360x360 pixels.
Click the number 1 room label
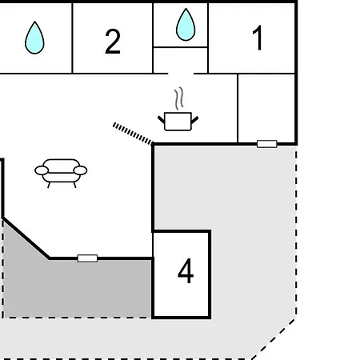pyautogui.click(x=258, y=38)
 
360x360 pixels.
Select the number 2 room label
pyautogui.click(x=113, y=42)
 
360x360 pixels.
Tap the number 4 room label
pyautogui.click(x=186, y=270)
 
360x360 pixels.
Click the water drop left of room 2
pyautogui.click(x=34, y=38)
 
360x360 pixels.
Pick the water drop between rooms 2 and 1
pyautogui.click(x=186, y=25)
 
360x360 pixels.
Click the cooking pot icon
pyautogui.click(x=178, y=122)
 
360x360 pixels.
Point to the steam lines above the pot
pyautogui.click(x=179, y=98)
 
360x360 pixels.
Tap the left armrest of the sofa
pyautogui.click(x=42, y=170)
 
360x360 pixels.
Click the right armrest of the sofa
pyautogui.click(x=80, y=170)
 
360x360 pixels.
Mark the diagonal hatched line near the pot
pyautogui.click(x=133, y=134)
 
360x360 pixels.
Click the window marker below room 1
pyautogui.click(x=267, y=144)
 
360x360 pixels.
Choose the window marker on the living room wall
pyautogui.click(x=87, y=258)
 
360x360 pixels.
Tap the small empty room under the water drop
pyautogui.click(x=181, y=60)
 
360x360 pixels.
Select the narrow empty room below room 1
pyautogui.click(x=266, y=108)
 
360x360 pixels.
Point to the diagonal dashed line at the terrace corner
pyautogui.click(x=274, y=339)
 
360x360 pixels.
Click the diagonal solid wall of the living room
pyautogui.click(x=26, y=238)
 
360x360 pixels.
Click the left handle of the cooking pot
pyautogui.click(x=162, y=120)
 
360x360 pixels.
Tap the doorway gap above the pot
pyautogui.click(x=181, y=73)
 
